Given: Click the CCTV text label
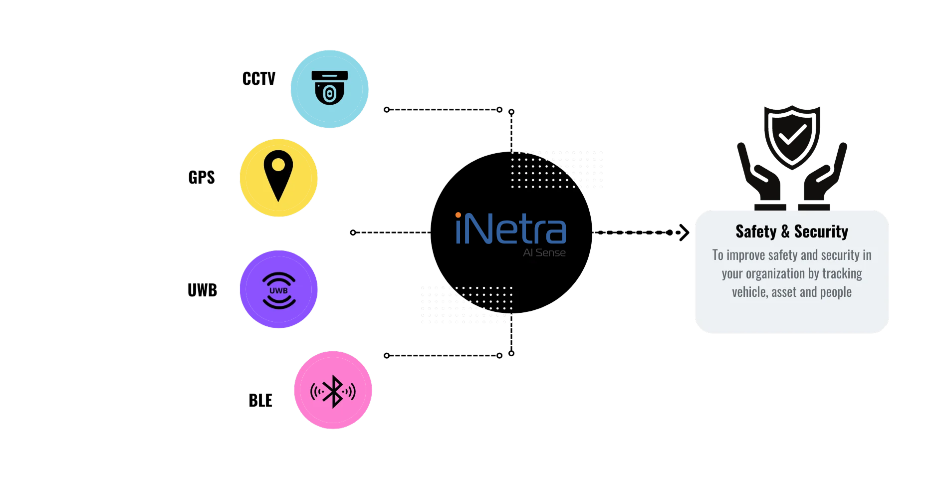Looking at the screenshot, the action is point(258,79).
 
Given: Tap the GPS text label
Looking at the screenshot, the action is point(202,178).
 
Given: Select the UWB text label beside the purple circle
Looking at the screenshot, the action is point(202,290).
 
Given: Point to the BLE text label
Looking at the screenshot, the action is point(260,400).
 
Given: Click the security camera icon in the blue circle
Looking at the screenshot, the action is point(329,87).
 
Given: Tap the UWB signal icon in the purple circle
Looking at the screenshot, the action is point(279,290).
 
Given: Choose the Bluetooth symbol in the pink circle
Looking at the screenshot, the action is point(333,392).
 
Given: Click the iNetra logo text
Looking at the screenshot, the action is point(510,229).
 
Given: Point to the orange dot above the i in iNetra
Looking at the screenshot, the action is point(458,215).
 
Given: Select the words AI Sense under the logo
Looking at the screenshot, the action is point(544,252).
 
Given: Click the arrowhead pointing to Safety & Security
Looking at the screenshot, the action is point(684,233).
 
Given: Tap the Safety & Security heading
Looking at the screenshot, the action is point(792,232).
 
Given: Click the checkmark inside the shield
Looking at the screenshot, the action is point(792,135).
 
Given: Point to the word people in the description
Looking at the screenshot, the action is point(836,292).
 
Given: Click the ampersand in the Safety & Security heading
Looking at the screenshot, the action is point(785,232).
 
